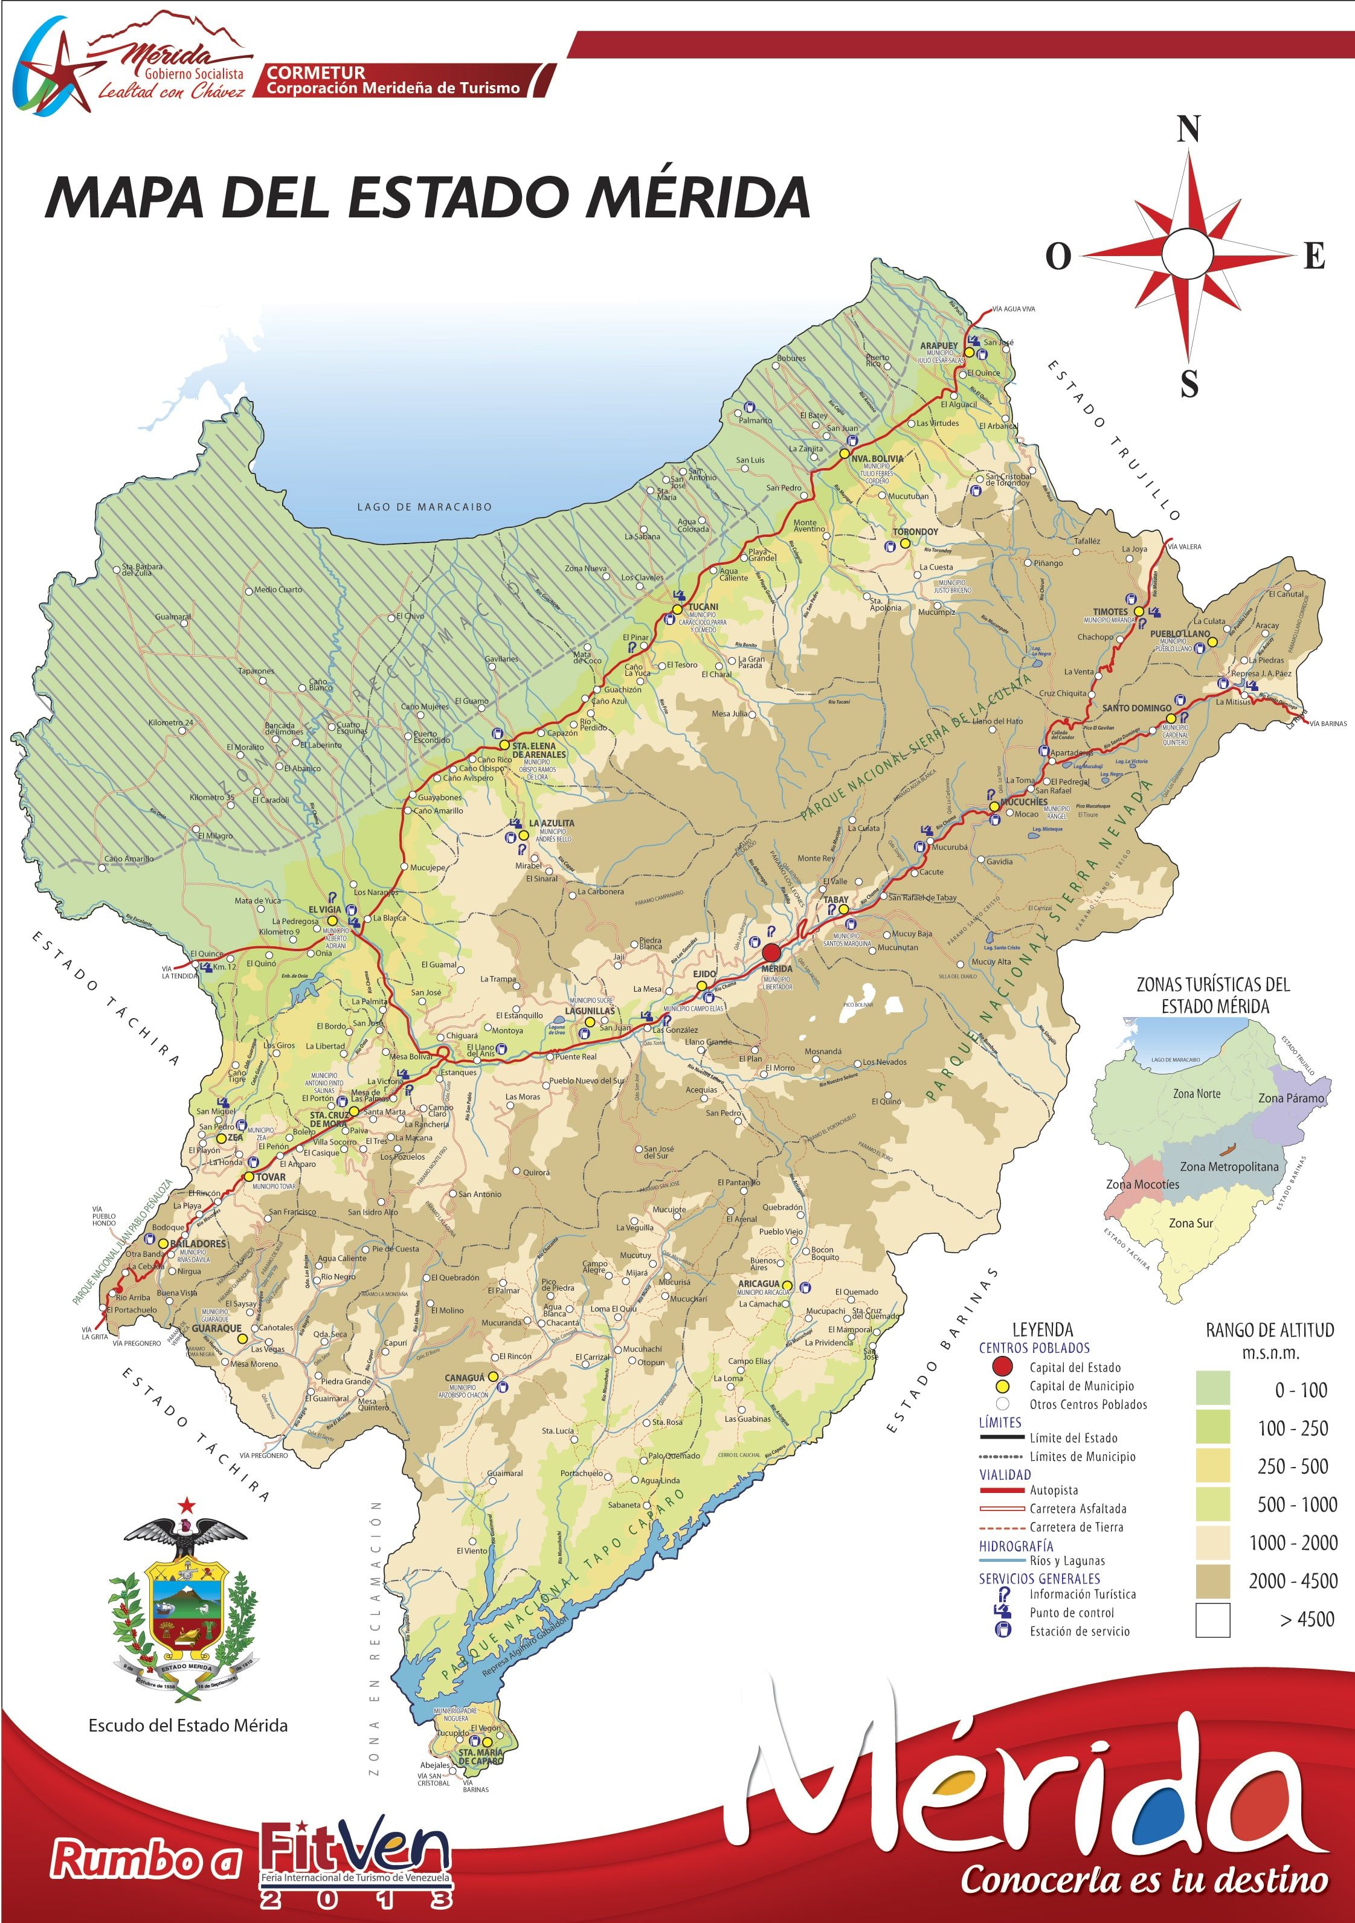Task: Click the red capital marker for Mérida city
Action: pyautogui.click(x=771, y=952)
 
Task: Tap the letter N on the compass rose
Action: pyautogui.click(x=1188, y=130)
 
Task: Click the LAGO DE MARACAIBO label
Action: pyautogui.click(x=424, y=507)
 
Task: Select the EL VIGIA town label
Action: pyautogui.click(x=324, y=910)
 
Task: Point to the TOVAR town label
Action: pyautogui.click(x=271, y=1177)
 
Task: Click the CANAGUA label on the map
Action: pyautogui.click(x=464, y=1378)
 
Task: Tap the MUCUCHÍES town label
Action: pyautogui.click(x=1023, y=801)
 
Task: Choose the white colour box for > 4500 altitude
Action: pyautogui.click(x=1212, y=1619)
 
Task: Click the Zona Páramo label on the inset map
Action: pyautogui.click(x=1292, y=1098)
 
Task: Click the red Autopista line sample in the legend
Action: pyautogui.click(x=1002, y=1490)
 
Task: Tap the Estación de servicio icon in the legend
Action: pyautogui.click(x=1003, y=1630)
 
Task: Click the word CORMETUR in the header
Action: pyautogui.click(x=316, y=73)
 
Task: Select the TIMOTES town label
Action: pyautogui.click(x=1110, y=611)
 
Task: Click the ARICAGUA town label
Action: pyautogui.click(x=758, y=1284)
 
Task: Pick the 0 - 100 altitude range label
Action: pyautogui.click(x=1301, y=1390)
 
